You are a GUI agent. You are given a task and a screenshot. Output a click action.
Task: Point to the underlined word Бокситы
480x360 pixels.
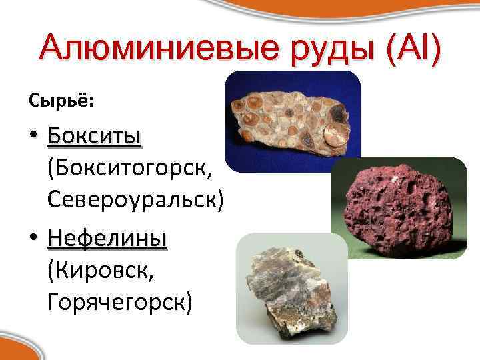[x=95, y=137]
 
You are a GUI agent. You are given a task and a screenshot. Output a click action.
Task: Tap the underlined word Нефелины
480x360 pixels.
[x=107, y=239]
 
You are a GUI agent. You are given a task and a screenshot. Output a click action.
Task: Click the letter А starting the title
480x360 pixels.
[x=53, y=50]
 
